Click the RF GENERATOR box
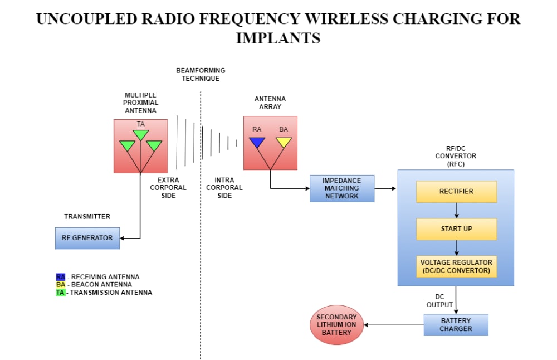pos(87,238)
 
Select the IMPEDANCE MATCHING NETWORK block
pos(342,188)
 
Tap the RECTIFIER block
pos(456,191)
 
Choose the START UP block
pos(456,229)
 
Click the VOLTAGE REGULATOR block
pos(456,267)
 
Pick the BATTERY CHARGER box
pos(456,325)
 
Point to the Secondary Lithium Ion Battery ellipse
pos(336,325)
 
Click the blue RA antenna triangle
pos(257,143)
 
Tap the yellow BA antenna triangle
pos(284,143)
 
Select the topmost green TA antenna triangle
pos(141,135)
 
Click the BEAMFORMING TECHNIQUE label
pos(201,75)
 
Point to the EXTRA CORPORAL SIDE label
pos(168,188)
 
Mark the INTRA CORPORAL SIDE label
pos(224,188)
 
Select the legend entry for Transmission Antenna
pos(104,293)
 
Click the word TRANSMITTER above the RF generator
pos(87,216)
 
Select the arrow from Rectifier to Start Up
pos(456,210)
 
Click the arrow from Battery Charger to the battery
pos(394,325)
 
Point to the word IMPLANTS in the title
pos(278,38)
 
